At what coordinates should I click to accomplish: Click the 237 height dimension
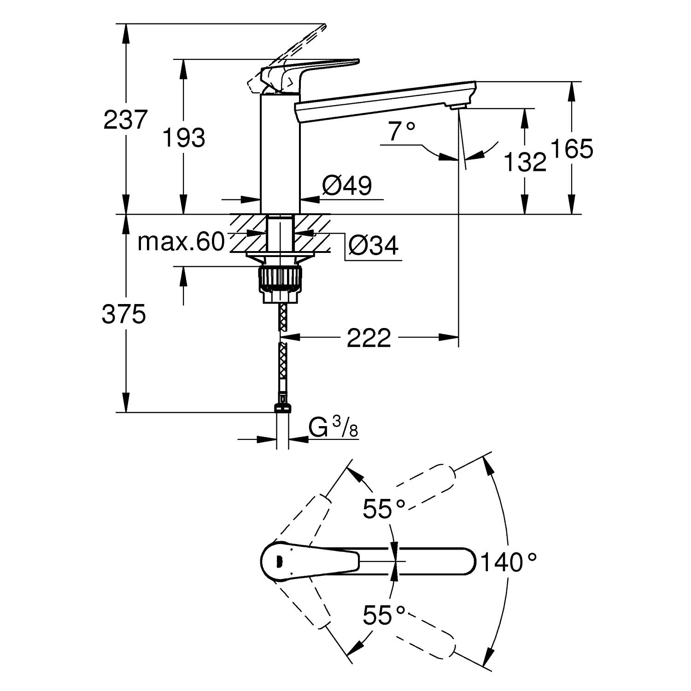(x=125, y=120)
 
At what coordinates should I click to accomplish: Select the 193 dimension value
(x=184, y=138)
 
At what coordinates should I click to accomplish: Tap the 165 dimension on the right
(x=572, y=149)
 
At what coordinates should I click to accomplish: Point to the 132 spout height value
(x=525, y=162)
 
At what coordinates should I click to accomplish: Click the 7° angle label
(x=401, y=131)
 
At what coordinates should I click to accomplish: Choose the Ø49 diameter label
(x=347, y=186)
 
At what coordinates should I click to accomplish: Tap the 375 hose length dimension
(x=123, y=315)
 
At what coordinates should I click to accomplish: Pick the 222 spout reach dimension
(x=369, y=338)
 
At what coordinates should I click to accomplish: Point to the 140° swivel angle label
(x=509, y=562)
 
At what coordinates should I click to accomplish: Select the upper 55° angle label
(x=384, y=509)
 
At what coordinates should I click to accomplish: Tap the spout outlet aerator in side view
(x=458, y=107)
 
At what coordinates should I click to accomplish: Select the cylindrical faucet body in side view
(x=280, y=154)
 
